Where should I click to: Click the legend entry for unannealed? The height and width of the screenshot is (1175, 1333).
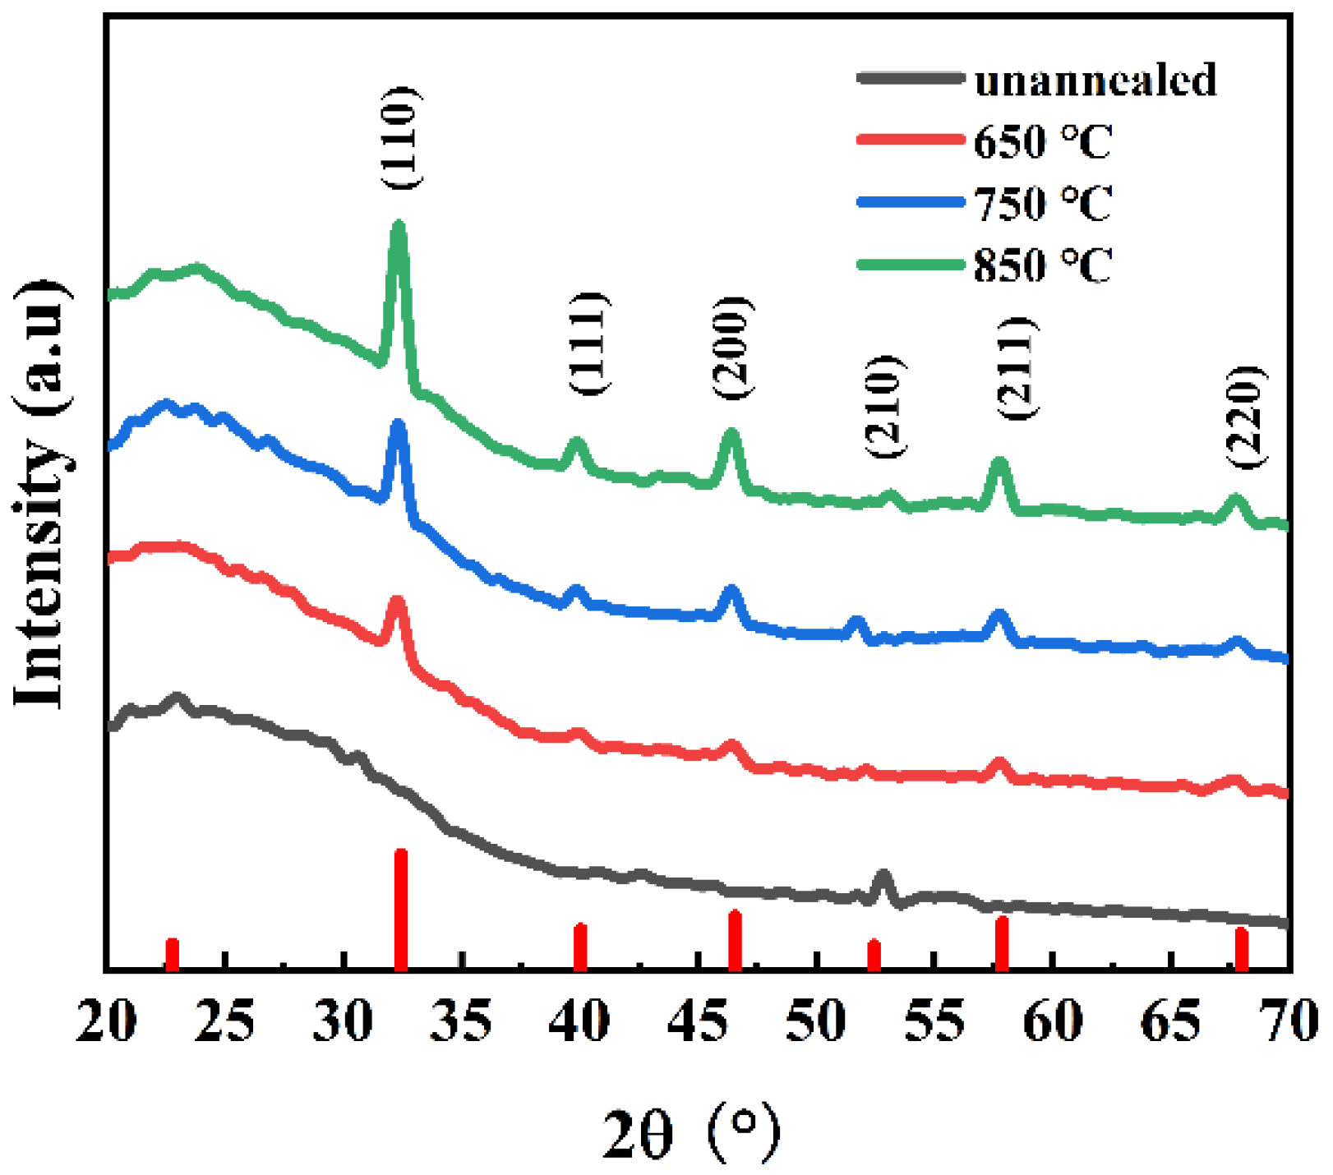[1095, 80]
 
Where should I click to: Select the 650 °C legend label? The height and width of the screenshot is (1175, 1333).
[1042, 141]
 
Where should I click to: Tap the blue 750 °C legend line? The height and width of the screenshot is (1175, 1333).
[910, 201]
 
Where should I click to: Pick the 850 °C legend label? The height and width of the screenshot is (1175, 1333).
[1042, 265]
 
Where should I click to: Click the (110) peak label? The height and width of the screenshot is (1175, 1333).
[402, 137]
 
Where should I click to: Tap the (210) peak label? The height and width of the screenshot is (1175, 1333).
[885, 406]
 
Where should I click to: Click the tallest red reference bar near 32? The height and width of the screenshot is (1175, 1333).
[401, 909]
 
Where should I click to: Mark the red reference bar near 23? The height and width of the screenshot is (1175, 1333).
[172, 953]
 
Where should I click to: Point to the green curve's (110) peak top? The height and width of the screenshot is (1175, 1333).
[399, 226]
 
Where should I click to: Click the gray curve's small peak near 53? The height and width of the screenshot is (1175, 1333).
[883, 876]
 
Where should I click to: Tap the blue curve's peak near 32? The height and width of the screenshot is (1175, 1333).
[399, 426]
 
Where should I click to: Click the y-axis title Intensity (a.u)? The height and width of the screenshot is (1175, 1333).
[41, 493]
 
